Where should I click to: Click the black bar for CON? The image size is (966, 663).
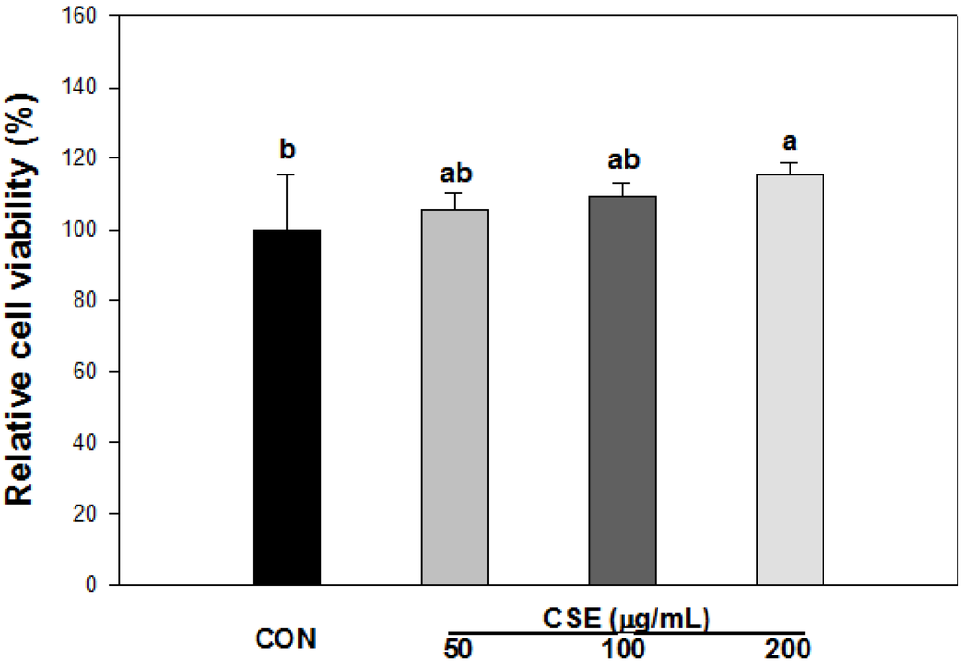pos(287,406)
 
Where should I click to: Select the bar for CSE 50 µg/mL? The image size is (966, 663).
pos(454,397)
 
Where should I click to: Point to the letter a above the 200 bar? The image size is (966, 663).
pos(791,142)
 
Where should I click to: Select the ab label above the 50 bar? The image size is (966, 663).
pos(454,174)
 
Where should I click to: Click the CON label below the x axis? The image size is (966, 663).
pos(287,639)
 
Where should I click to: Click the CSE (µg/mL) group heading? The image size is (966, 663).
pos(626,618)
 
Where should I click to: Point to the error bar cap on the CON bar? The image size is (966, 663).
pos(287,174)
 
